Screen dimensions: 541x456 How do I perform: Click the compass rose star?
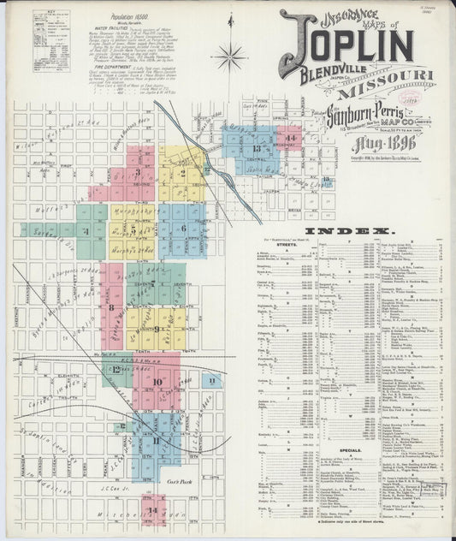pyautogui.click(x=228, y=58)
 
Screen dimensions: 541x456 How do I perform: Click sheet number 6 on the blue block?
pyautogui.click(x=182, y=229)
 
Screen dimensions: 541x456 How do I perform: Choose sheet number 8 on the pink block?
pyautogui.click(x=110, y=306)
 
